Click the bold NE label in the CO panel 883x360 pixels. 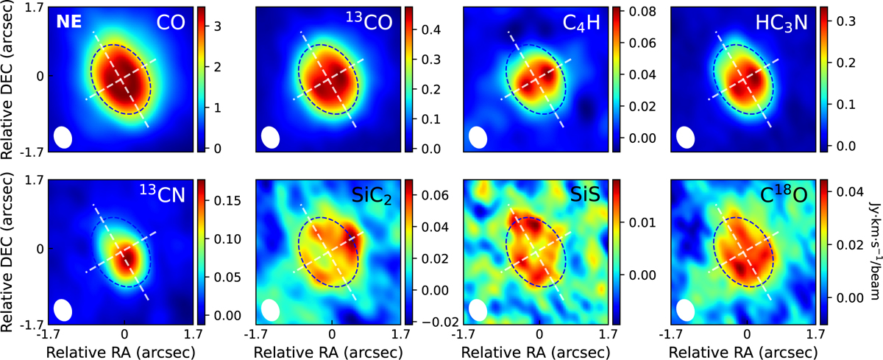tap(69, 22)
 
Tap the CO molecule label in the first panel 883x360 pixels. tap(171, 23)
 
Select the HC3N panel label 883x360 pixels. tap(781, 24)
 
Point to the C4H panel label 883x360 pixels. tap(581, 24)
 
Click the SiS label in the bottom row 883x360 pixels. tap(585, 195)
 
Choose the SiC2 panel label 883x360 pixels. tap(372, 196)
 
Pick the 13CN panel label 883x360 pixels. tap(163, 193)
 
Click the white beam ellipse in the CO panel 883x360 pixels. tap(63, 137)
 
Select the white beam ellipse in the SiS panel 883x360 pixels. tap(478, 310)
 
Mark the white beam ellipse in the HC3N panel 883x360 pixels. tap(686, 137)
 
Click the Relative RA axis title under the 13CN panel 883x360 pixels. tap(121, 352)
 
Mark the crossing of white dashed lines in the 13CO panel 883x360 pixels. tap(328, 80)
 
